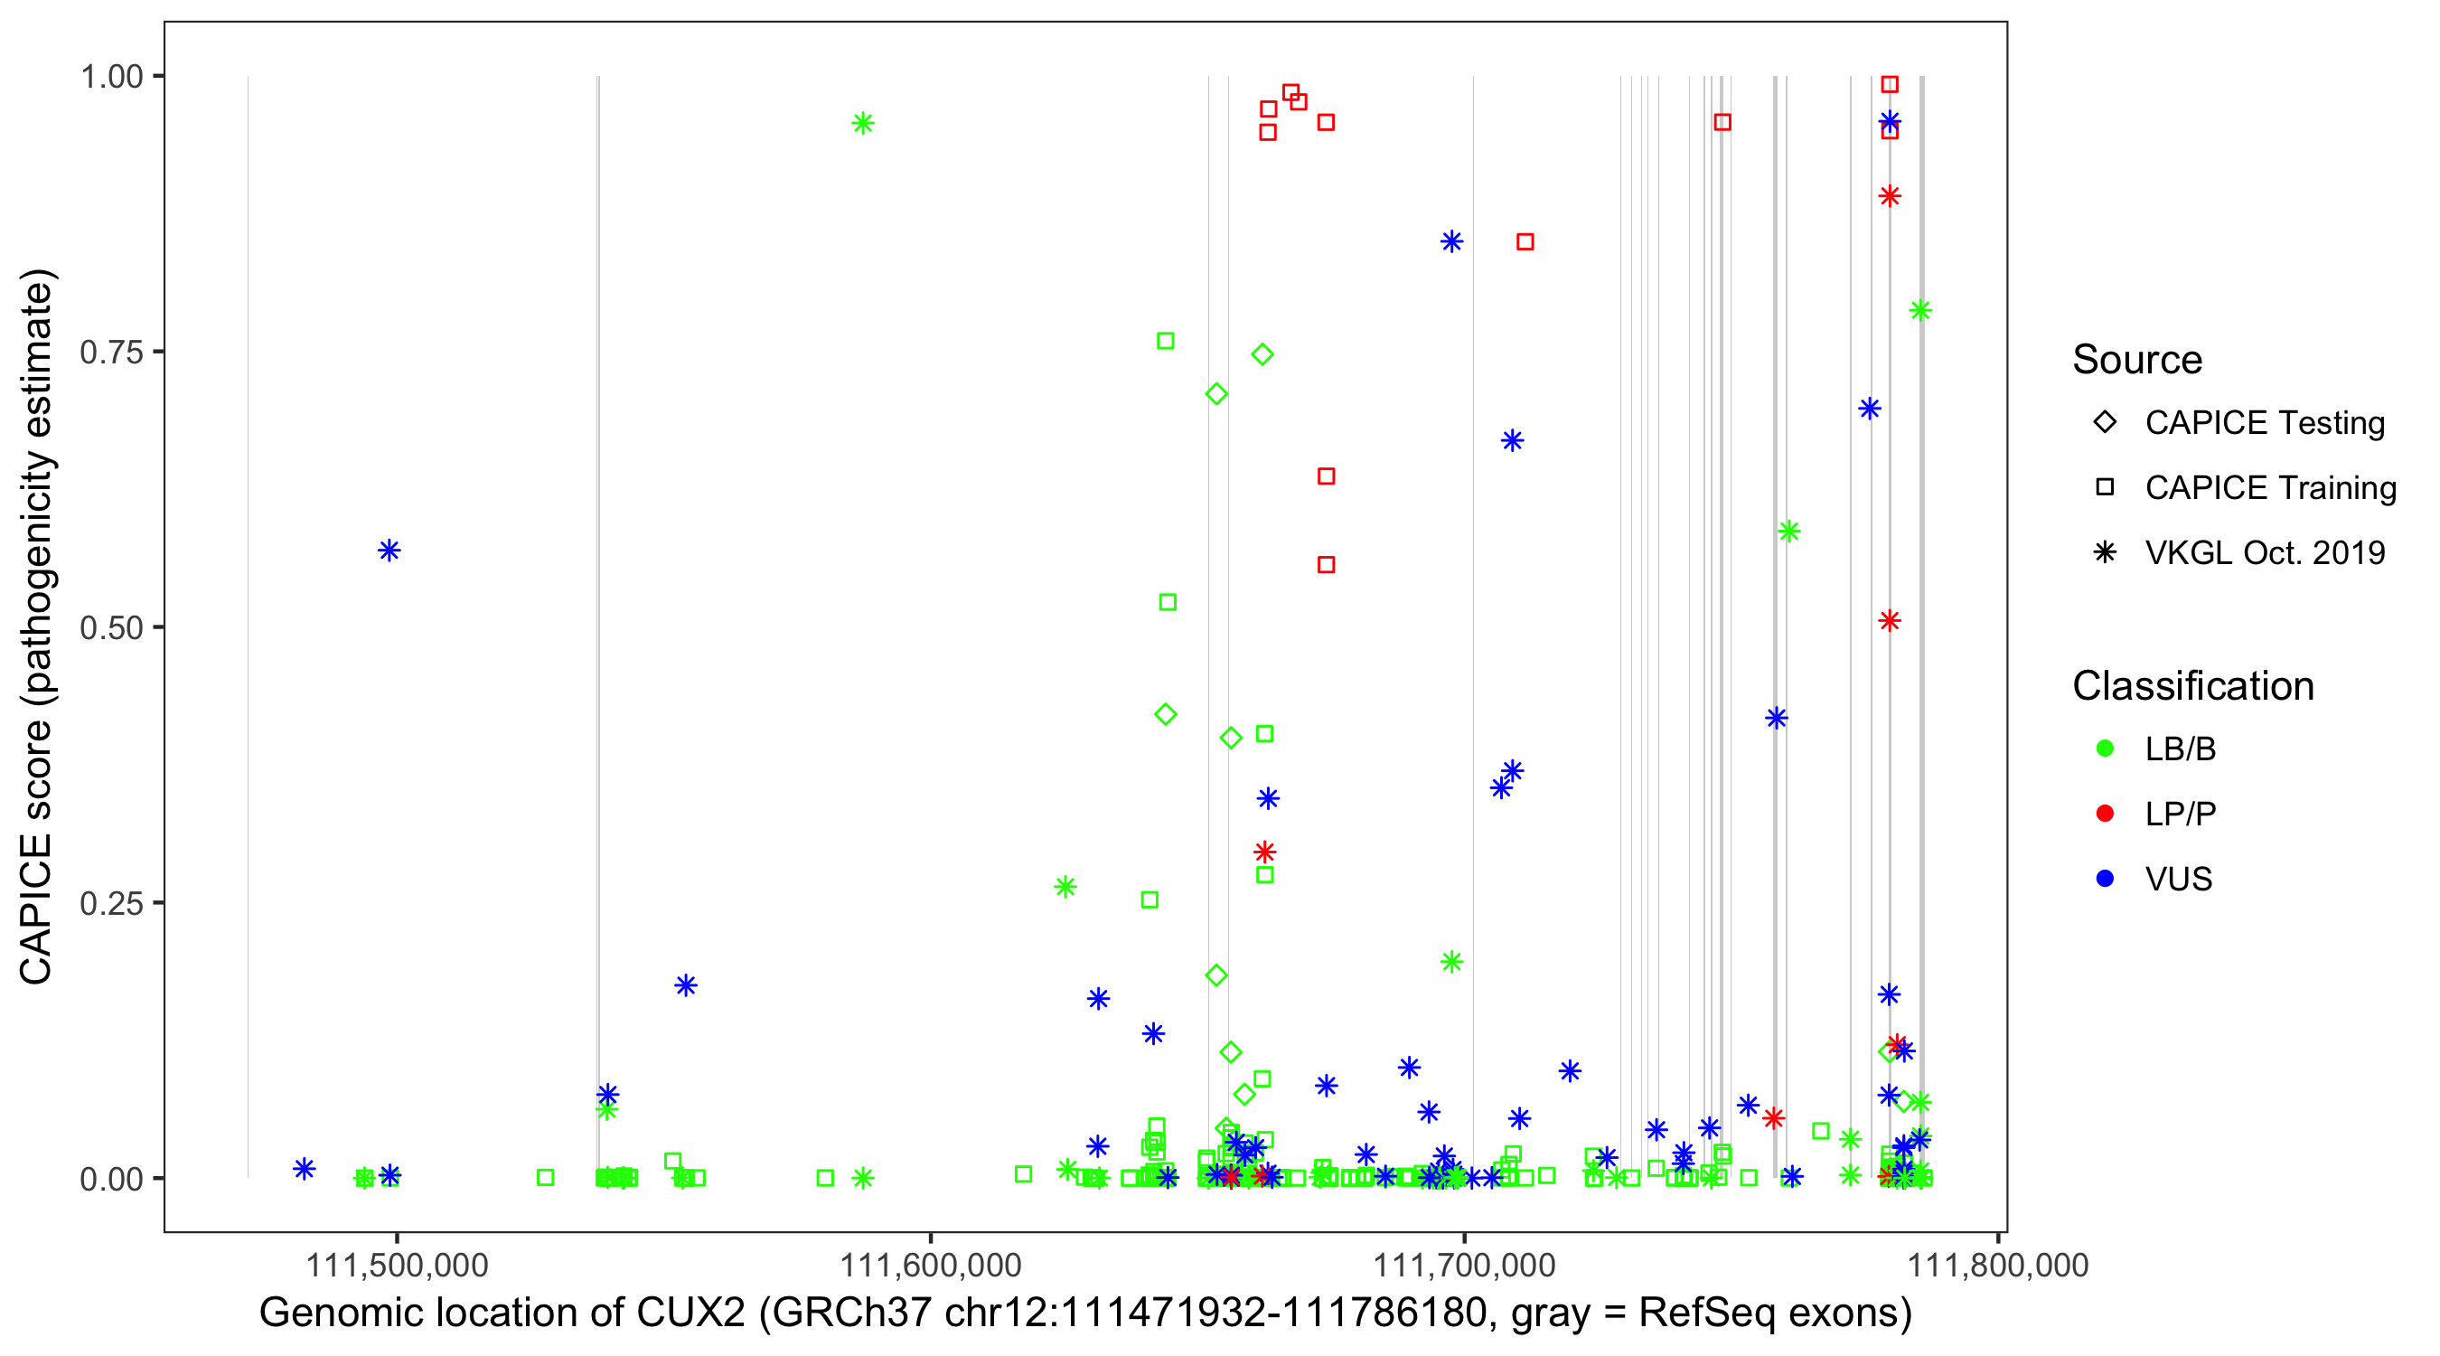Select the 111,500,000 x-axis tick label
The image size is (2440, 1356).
pyautogui.click(x=396, y=1265)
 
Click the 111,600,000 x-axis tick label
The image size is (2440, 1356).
pyautogui.click(x=930, y=1265)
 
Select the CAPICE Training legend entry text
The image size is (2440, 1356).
pyautogui.click(x=2270, y=488)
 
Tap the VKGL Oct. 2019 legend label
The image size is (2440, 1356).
pyautogui.click(x=2265, y=553)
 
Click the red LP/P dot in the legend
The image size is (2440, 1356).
pyautogui.click(x=2105, y=814)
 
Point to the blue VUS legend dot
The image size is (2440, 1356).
pyautogui.click(x=2105, y=880)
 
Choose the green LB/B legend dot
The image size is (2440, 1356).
pyautogui.click(x=2105, y=749)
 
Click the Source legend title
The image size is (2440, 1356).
pyautogui.click(x=2137, y=360)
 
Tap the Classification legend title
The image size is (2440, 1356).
pyautogui.click(x=2192, y=686)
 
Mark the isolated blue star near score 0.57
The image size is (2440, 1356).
pyautogui.click(x=389, y=551)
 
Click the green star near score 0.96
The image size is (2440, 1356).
pyautogui.click(x=862, y=123)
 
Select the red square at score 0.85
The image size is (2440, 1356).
pyautogui.click(x=1525, y=242)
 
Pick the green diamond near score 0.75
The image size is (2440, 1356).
pyautogui.click(x=1262, y=354)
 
